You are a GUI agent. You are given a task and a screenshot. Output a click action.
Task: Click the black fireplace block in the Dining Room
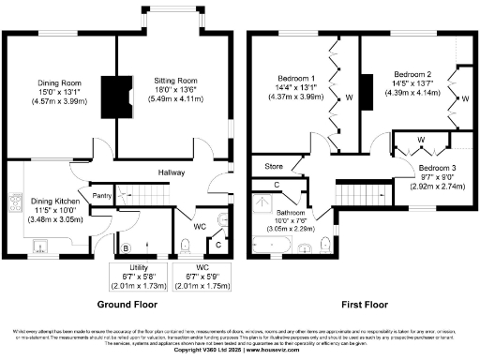tap(112, 93)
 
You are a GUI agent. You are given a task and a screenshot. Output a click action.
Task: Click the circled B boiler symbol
tap(126, 248)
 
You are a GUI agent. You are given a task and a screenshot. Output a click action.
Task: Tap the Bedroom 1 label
tap(296, 82)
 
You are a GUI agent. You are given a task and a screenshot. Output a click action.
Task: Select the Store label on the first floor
tap(273, 168)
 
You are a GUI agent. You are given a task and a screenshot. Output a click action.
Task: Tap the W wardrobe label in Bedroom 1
tap(348, 97)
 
